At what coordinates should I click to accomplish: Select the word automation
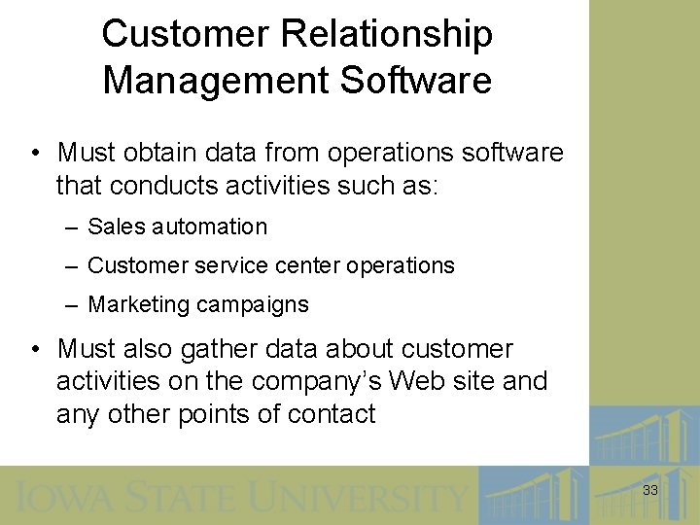point(208,227)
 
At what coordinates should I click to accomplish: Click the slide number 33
point(650,491)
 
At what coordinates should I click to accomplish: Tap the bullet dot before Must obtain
point(35,154)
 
